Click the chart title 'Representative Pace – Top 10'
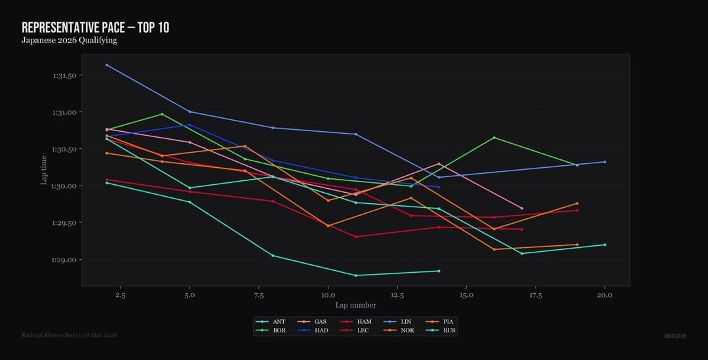click(96, 28)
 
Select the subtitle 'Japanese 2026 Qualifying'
click(69, 41)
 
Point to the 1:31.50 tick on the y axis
click(65, 75)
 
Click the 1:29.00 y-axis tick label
click(65, 260)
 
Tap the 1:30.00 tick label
click(65, 186)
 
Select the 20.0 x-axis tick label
click(604, 296)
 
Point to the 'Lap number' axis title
click(356, 305)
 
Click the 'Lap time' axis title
click(44, 170)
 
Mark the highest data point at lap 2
click(107, 65)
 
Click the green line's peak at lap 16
click(494, 138)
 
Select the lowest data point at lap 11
click(356, 275)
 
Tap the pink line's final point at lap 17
click(522, 208)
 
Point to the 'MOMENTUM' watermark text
click(675, 336)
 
